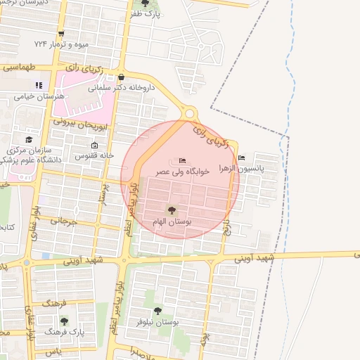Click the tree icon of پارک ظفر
[144, 4]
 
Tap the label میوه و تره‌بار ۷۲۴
[62, 44]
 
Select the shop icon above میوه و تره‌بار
[62, 34]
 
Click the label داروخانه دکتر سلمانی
[122, 89]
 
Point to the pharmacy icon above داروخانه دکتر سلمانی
[122, 77]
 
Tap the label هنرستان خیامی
[39, 96]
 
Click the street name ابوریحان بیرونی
[71, 121]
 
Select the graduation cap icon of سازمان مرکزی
[29, 139]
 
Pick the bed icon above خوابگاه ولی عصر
[183, 160]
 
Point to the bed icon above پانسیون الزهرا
[242, 157]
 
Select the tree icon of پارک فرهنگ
[65, 322]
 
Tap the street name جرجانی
[62, 222]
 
